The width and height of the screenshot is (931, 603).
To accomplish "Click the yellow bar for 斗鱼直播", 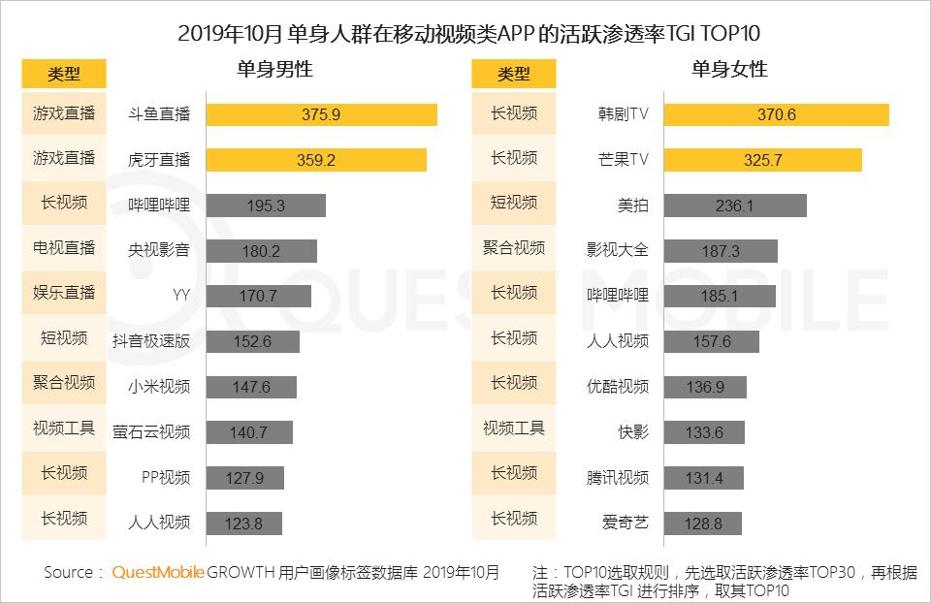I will click(321, 114).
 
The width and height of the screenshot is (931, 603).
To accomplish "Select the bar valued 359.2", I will click(316, 160).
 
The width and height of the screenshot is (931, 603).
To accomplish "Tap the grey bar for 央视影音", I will click(261, 251).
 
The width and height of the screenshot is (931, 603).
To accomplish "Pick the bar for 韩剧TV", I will click(777, 114).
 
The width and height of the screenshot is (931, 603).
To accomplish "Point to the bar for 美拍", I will click(735, 206).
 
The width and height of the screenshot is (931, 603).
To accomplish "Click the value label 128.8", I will click(704, 523).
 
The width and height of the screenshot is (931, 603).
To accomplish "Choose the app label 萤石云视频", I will click(151, 432).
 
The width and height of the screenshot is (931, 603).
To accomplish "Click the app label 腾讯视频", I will click(618, 477).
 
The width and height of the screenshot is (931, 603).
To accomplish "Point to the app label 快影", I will click(633, 432).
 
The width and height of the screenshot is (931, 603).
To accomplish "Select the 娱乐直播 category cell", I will click(64, 292).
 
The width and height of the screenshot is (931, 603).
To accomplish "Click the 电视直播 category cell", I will click(64, 247).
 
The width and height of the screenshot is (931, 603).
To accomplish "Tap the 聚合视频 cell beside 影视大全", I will click(514, 247).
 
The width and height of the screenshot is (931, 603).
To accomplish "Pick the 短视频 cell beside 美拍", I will click(514, 202).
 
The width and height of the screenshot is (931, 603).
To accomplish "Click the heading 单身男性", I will click(274, 70).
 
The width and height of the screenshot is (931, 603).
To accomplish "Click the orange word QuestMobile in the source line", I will click(158, 572).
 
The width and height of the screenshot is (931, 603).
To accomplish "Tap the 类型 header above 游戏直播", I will click(64, 74).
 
